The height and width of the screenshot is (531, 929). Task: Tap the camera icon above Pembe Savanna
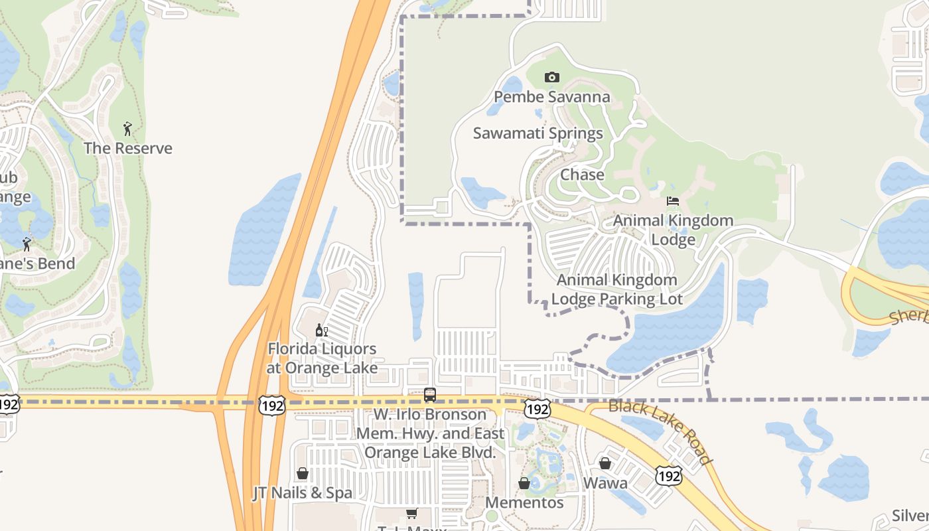coord(551,78)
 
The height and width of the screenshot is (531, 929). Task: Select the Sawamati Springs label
coord(537,133)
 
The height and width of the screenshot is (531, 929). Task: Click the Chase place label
coord(582,175)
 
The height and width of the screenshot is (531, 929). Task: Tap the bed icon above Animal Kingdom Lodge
coord(673,201)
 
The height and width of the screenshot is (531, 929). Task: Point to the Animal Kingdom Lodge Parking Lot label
coord(616,289)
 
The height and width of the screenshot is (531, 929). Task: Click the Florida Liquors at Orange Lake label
coord(322,358)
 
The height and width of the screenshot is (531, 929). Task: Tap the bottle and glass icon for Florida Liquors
coord(321,330)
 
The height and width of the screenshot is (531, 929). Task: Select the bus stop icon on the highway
coord(430,395)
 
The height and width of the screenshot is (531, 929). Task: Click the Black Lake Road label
coord(660,432)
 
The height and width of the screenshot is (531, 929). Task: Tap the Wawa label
coord(605,483)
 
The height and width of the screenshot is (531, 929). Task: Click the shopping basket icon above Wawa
coord(605,463)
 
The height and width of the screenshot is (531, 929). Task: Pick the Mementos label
coord(524,502)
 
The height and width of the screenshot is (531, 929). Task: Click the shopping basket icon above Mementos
coord(524,483)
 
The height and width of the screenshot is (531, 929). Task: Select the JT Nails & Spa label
coord(303,493)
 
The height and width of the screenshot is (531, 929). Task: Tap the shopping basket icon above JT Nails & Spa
coord(303,473)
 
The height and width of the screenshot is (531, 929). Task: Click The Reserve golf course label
coord(127,148)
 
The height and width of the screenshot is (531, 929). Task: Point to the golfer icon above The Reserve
coord(127,128)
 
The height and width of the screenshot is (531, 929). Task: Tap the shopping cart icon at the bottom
coord(411,513)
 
